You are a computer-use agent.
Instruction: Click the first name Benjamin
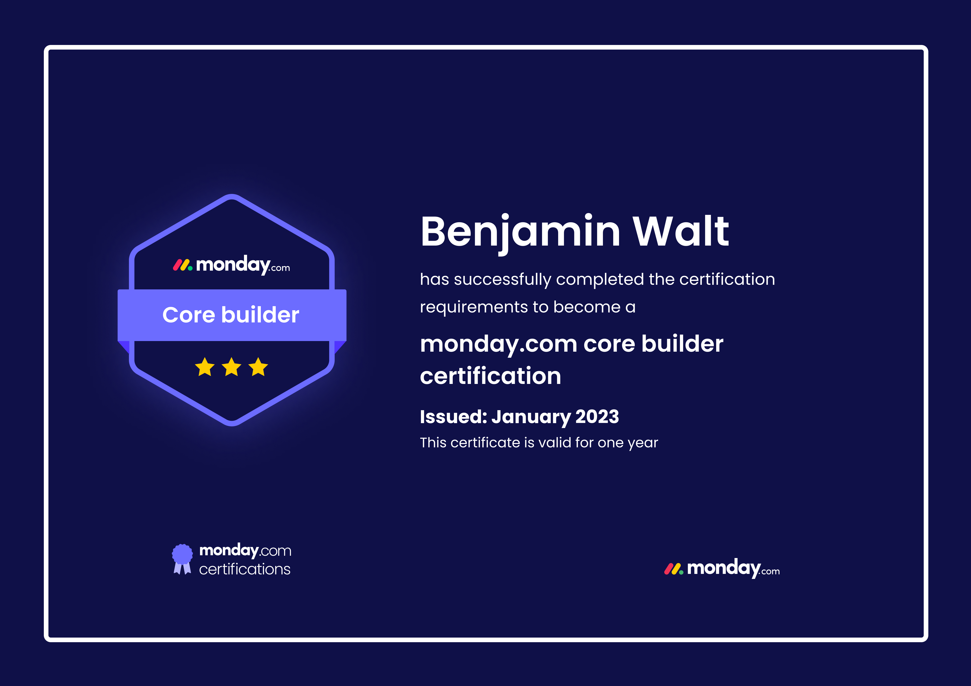click(x=520, y=233)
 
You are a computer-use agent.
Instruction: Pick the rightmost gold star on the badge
click(x=258, y=367)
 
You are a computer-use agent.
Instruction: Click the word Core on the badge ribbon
click(x=189, y=315)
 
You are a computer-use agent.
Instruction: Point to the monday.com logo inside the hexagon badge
click(x=231, y=265)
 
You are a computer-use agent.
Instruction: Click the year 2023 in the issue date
click(x=597, y=417)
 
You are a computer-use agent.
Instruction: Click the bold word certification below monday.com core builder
click(x=491, y=376)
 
